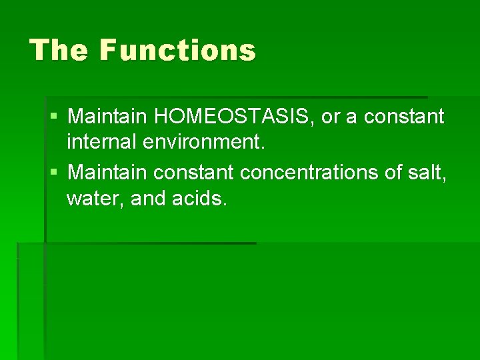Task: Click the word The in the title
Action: click(59, 50)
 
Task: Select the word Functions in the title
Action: click(178, 50)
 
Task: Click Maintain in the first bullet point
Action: click(108, 117)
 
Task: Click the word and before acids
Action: click(147, 199)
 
